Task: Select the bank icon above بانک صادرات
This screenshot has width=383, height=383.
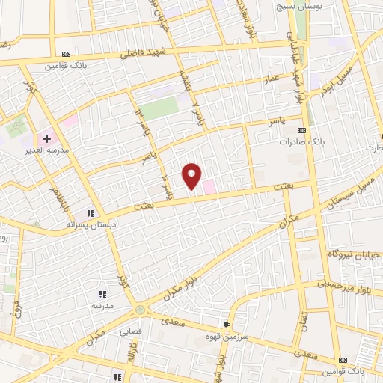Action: coord(301,131)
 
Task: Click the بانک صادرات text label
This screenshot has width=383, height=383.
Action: coord(300,141)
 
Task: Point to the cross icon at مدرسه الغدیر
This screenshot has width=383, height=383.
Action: coord(46,138)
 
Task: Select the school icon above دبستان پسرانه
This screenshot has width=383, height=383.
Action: coord(92,212)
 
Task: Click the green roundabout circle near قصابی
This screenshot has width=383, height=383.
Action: coord(139,310)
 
